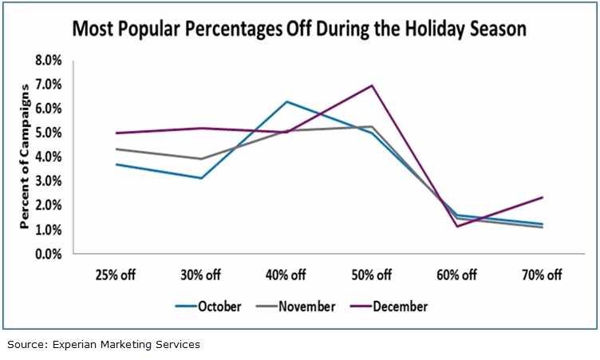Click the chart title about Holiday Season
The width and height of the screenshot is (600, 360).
point(299,30)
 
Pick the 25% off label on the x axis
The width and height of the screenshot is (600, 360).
point(116,275)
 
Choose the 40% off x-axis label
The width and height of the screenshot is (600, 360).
point(286,275)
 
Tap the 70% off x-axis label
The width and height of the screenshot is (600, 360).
point(542,275)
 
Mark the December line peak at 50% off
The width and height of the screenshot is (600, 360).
point(371,85)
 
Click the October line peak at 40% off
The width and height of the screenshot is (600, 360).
point(286,101)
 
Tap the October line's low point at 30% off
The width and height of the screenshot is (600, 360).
point(201,178)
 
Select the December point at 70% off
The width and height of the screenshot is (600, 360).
point(542,197)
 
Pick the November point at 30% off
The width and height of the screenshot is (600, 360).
point(201,159)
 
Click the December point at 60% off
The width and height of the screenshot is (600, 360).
point(457,226)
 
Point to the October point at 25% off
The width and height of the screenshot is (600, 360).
point(116,164)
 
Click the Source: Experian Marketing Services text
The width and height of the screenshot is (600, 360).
point(104,345)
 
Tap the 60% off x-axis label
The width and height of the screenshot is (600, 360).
point(457,275)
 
